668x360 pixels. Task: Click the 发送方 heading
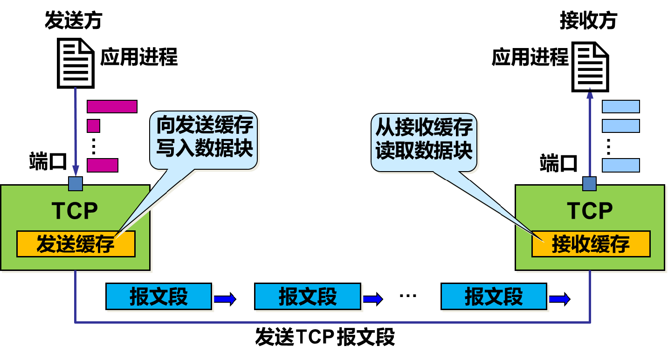(x=73, y=21)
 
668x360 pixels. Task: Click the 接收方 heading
(x=588, y=21)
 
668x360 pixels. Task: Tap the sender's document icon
(x=76, y=63)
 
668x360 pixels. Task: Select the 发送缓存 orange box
(x=76, y=244)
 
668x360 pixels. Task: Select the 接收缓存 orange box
(x=591, y=244)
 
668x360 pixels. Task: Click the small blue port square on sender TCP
(x=76, y=183)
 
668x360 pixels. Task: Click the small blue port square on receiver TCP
(x=590, y=183)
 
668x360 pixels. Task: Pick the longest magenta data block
(x=112, y=106)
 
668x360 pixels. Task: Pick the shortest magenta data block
(x=94, y=126)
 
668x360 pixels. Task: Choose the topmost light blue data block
(x=620, y=106)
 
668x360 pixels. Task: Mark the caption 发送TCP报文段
(x=325, y=337)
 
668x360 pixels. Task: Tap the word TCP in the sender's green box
(x=75, y=211)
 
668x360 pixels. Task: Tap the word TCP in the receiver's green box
(x=590, y=211)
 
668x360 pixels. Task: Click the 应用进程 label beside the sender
(x=139, y=58)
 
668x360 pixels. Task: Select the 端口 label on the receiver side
(x=558, y=164)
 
